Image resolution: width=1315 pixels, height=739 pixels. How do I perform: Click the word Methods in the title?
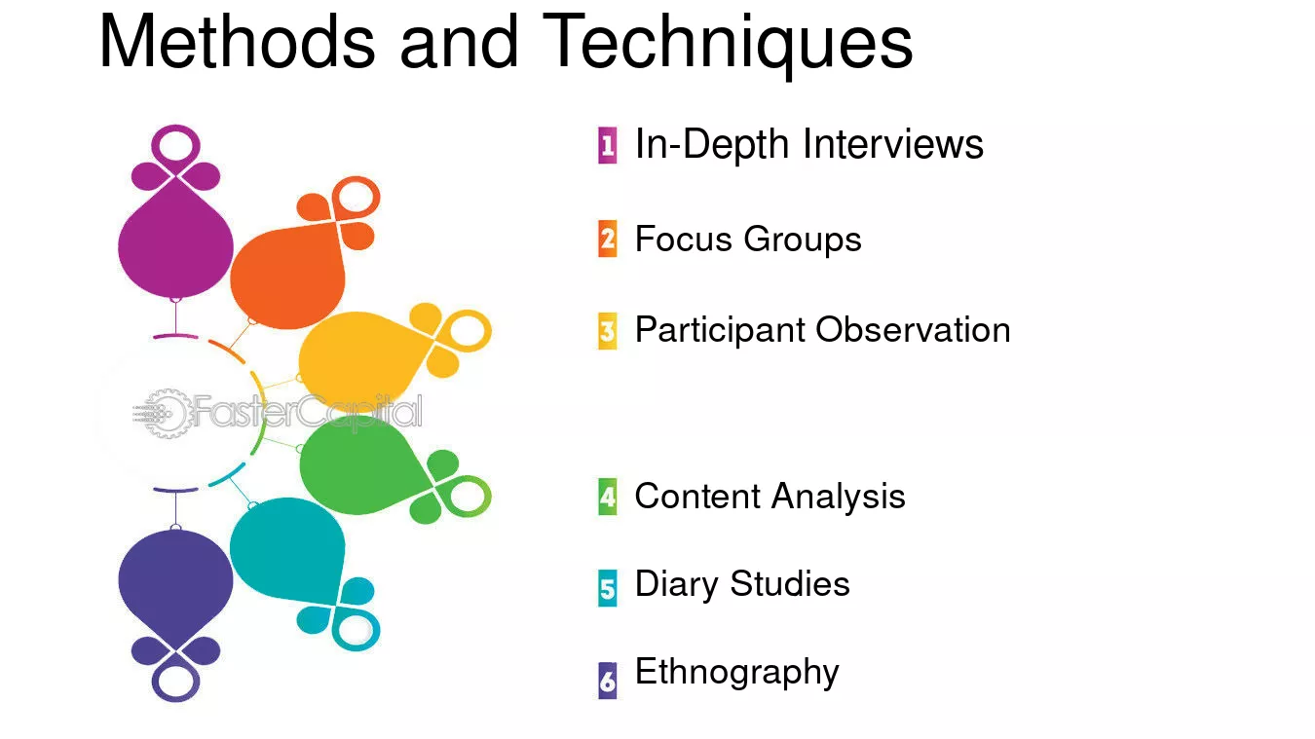[237, 41]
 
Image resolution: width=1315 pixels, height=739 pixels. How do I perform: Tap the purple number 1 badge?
[608, 145]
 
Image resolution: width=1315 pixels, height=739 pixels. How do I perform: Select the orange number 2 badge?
[608, 239]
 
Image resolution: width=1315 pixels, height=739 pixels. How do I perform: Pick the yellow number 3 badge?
[608, 331]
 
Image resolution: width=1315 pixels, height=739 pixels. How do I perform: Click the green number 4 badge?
[608, 497]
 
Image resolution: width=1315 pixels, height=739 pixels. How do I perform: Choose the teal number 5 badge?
[608, 587]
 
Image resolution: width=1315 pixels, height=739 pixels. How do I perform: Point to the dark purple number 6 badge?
[608, 681]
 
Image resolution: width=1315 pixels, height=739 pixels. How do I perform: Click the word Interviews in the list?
[892, 144]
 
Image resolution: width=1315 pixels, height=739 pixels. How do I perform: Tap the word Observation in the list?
[913, 329]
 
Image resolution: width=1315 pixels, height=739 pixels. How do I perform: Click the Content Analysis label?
[770, 497]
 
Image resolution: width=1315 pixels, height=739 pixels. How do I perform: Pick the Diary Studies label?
[742, 585]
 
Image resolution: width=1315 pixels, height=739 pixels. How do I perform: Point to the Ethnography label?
[736, 673]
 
